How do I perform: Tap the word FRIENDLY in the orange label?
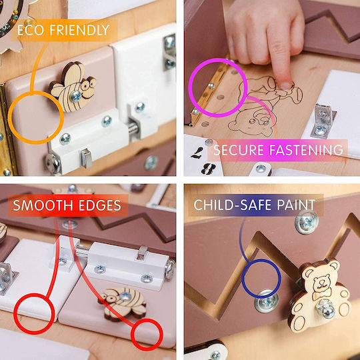(x=79, y=30)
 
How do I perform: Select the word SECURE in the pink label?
(x=239, y=150)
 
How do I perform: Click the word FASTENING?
(x=306, y=150)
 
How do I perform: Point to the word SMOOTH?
(x=43, y=205)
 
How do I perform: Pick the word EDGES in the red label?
(x=100, y=205)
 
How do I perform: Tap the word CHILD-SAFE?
(x=233, y=205)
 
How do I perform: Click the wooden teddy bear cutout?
(x=319, y=295)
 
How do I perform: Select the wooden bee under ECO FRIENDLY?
(x=73, y=87)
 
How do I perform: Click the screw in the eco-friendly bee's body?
(x=76, y=97)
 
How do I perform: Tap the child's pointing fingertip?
(x=286, y=84)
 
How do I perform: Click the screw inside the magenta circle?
(x=211, y=86)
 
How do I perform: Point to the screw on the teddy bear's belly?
(x=325, y=308)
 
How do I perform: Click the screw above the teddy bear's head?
(x=307, y=223)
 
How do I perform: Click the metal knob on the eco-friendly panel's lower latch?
(x=86, y=158)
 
